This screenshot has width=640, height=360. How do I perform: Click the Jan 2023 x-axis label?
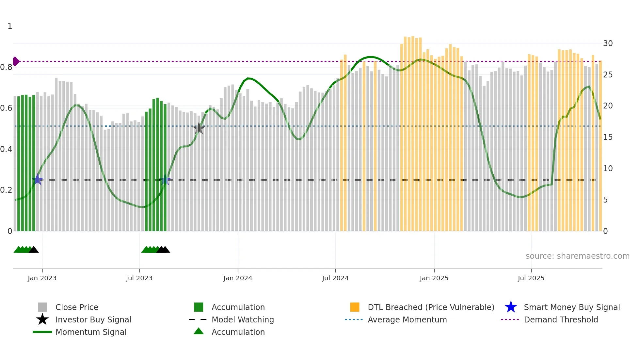[42, 278]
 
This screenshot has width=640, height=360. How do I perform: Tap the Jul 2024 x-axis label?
[335, 278]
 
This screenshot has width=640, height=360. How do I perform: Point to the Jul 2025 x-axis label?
[531, 278]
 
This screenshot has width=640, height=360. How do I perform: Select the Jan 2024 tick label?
[238, 278]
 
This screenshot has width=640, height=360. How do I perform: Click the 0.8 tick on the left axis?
[6, 67]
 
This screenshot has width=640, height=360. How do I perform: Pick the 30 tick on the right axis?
[608, 43]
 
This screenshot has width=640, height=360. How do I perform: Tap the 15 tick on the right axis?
[608, 137]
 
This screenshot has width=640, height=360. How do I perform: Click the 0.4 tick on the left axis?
[6, 149]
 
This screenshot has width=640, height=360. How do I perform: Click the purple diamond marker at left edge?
[16, 61]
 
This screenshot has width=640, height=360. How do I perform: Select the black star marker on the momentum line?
[199, 128]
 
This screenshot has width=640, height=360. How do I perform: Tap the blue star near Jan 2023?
[38, 179]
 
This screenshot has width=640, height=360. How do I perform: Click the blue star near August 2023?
[165, 180]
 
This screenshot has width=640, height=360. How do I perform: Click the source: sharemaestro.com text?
[577, 256]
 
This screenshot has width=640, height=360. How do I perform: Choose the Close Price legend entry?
[77, 307]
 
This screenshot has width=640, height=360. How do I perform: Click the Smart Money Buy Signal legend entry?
[571, 307]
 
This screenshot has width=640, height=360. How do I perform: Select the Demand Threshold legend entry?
[561, 319]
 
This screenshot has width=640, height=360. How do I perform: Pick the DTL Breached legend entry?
[431, 307]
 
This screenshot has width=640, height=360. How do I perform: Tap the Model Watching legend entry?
[242, 319]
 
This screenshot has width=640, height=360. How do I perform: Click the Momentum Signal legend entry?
[91, 332]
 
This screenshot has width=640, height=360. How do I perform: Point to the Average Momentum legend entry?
[407, 319]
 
